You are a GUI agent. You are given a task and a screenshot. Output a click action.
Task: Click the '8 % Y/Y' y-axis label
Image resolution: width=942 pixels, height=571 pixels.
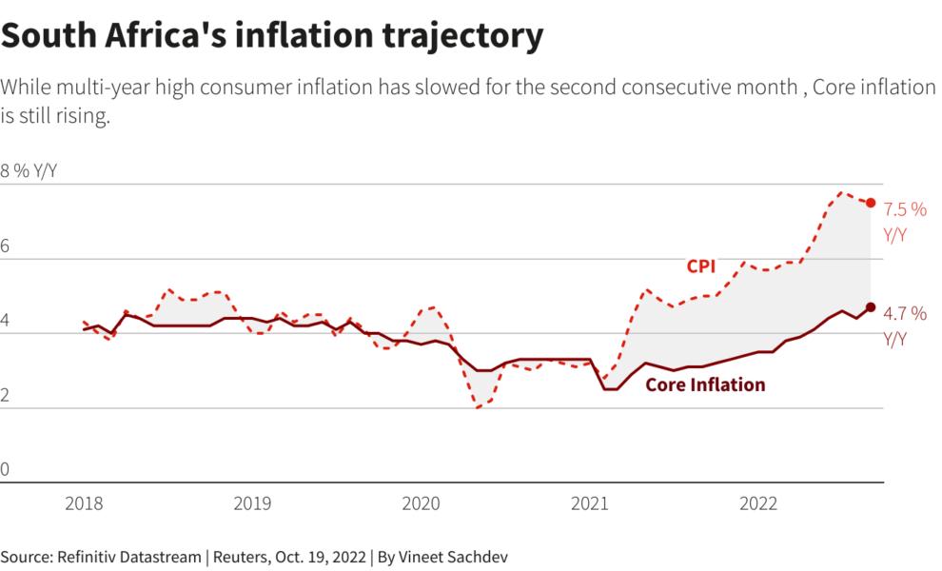pyautogui.click(x=30, y=171)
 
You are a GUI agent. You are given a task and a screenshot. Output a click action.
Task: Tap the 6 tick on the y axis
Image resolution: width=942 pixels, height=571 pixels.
pyautogui.click(x=5, y=246)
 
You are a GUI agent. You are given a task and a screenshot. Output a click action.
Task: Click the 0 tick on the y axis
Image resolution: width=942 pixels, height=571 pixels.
pyautogui.click(x=5, y=469)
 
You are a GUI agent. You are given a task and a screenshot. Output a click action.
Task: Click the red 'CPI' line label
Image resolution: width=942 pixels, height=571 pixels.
pyautogui.click(x=701, y=266)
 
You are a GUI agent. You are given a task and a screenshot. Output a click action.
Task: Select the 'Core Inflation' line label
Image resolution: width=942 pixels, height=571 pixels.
pyautogui.click(x=705, y=385)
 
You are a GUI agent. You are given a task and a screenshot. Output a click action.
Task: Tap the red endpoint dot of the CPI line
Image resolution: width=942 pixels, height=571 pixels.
pyautogui.click(x=871, y=203)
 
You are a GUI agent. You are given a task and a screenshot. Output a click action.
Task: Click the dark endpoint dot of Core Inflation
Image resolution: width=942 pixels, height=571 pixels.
pyautogui.click(x=871, y=306)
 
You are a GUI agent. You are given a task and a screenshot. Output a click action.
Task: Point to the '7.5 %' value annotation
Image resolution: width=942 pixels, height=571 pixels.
pyautogui.click(x=905, y=210)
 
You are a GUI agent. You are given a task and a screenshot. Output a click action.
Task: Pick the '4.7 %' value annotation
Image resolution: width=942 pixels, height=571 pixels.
pyautogui.click(x=905, y=314)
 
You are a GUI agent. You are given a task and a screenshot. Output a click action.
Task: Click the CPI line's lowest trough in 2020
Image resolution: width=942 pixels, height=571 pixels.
pyautogui.click(x=478, y=407)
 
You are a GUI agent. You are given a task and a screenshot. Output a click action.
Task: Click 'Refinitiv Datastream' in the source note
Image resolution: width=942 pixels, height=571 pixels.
pyautogui.click(x=115, y=555)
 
